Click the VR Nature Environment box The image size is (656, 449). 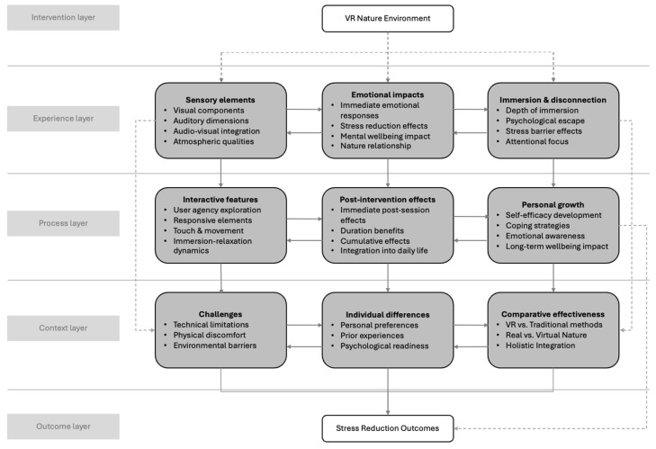point(388,18)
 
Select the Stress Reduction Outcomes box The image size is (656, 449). point(388,428)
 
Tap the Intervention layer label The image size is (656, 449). point(63,18)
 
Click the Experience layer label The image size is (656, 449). point(63,119)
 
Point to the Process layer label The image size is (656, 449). point(63,223)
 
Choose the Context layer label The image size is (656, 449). point(63,328)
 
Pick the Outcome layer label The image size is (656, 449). point(63,427)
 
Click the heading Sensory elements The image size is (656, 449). point(220,100)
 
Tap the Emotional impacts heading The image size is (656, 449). point(388,95)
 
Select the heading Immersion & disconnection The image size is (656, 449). point(553,100)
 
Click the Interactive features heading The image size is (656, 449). point(220,200)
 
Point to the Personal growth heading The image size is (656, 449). point(553,204)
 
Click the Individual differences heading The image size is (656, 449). point(388,315)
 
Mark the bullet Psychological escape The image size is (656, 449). point(544,121)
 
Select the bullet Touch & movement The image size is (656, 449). point(209,231)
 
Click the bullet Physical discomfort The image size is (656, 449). point(209,336)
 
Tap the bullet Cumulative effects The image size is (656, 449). point(375,241)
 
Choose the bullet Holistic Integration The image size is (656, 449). point(540,346)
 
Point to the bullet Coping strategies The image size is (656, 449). point(537,226)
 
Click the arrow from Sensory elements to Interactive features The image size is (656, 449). point(220,173)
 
